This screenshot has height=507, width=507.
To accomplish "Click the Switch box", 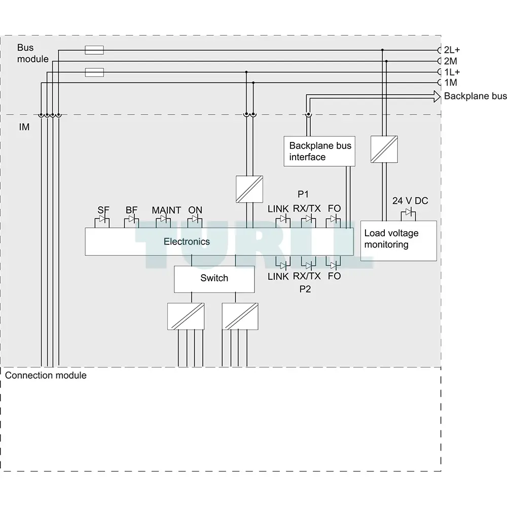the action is [x=214, y=279].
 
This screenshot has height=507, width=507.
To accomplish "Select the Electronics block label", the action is [x=187, y=241].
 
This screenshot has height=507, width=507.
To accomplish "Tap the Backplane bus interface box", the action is [x=319, y=151].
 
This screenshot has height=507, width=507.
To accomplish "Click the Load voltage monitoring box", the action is [x=399, y=240].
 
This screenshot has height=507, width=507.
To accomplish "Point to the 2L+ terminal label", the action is [x=452, y=50].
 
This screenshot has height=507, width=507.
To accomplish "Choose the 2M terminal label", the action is [x=450, y=61].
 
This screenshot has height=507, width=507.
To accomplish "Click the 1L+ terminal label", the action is [x=452, y=72].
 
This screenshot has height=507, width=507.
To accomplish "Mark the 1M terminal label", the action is [x=450, y=83].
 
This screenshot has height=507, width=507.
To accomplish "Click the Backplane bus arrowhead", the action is [x=437, y=96].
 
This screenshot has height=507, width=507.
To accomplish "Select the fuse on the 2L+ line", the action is [x=94, y=50].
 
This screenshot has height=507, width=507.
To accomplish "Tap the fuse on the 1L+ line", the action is [x=94, y=72].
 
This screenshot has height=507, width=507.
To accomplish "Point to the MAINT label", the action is [x=166, y=210].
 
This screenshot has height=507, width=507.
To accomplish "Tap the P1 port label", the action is [x=303, y=194].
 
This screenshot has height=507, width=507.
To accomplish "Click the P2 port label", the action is [x=305, y=289].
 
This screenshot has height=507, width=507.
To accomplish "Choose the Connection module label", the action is [x=46, y=375].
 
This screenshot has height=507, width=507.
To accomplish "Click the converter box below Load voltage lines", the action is [x=384, y=149].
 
